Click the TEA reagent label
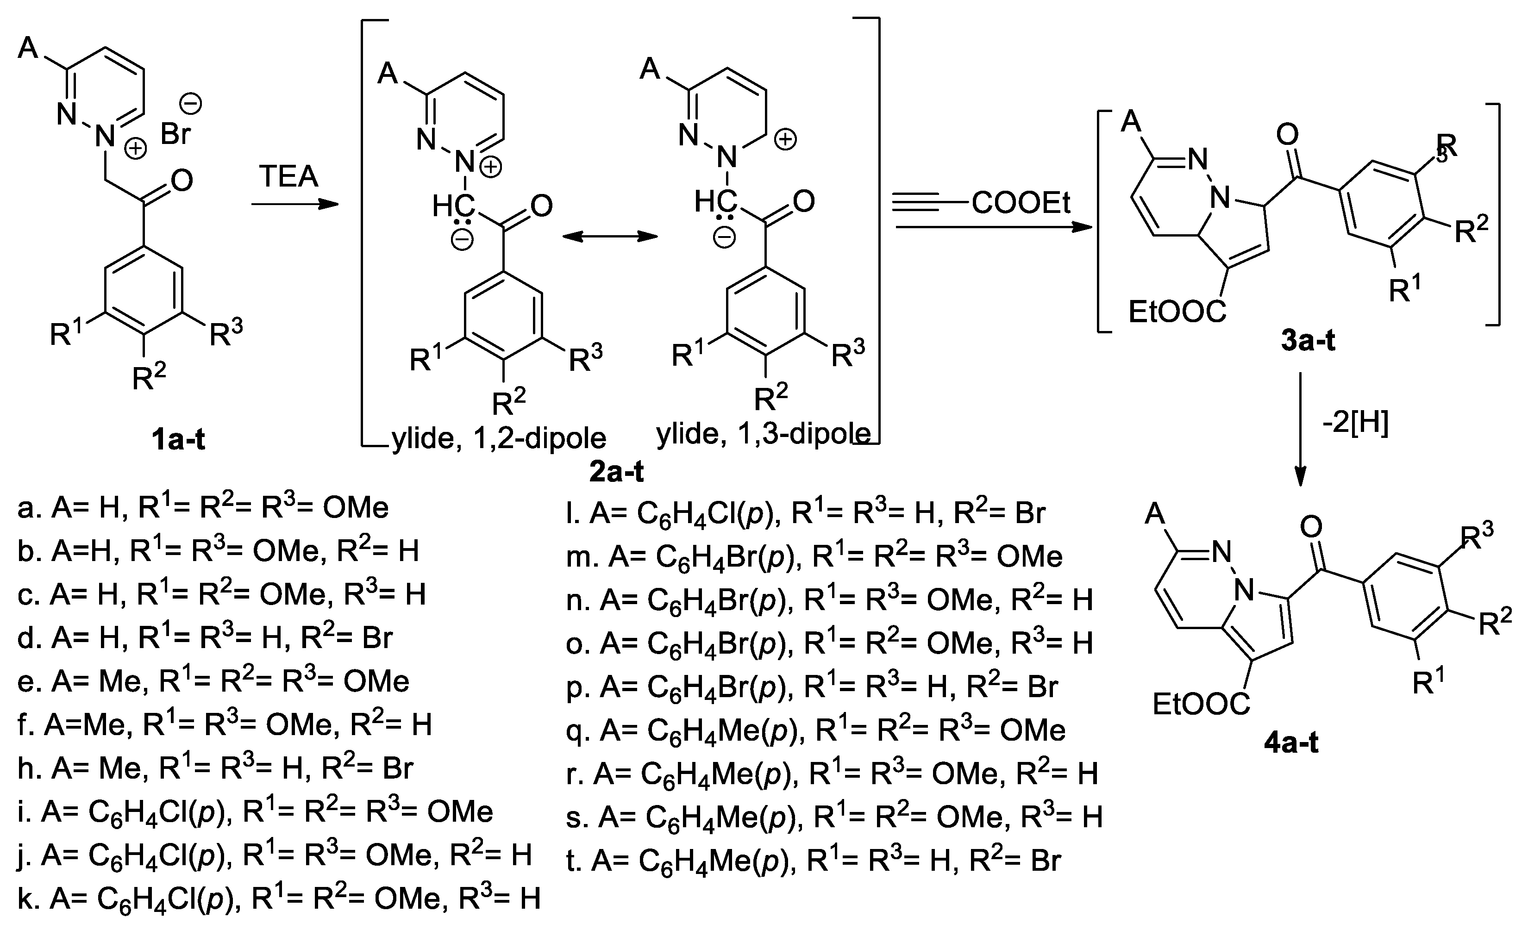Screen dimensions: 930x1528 point(289,177)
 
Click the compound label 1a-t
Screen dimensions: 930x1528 point(179,440)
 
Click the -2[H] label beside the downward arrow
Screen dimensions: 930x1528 point(1355,424)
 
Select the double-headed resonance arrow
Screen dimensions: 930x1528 point(608,236)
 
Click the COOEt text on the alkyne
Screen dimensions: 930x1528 point(1021,203)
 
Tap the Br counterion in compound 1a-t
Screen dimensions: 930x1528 point(176,133)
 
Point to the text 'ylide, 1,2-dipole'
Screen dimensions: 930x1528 point(499,439)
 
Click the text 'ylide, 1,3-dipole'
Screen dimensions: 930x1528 point(763,434)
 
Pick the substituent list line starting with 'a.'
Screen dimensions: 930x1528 point(203,508)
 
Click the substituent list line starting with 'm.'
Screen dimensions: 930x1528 point(814,557)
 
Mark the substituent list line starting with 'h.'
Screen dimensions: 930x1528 point(215,769)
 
